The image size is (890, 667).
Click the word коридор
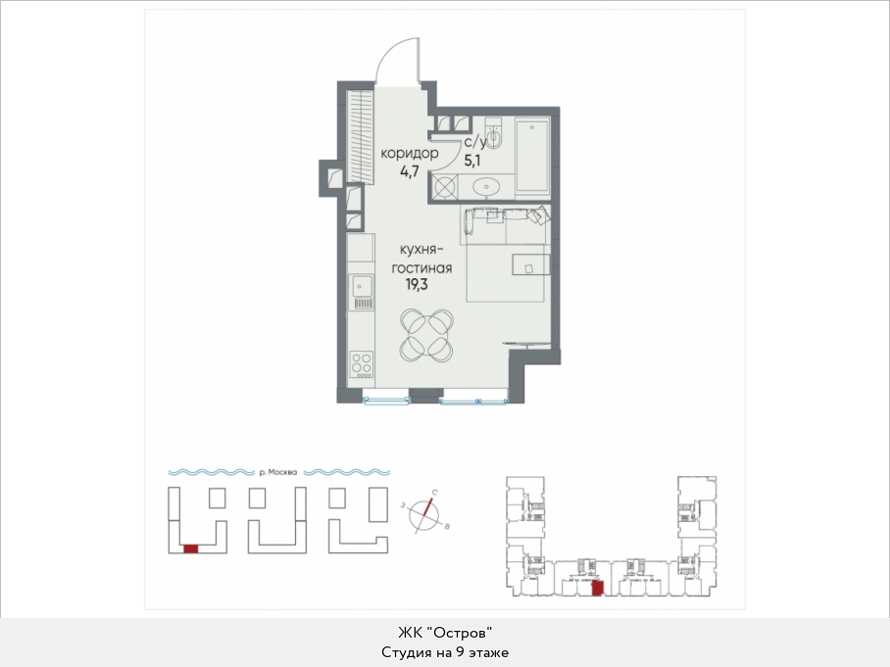pos(410,153)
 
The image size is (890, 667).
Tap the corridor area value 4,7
pos(410,171)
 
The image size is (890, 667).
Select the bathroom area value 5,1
pos(471,161)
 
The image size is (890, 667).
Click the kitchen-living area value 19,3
pos(416,285)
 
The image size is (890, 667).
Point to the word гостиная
pos(421,267)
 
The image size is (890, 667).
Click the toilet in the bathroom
pos(493,134)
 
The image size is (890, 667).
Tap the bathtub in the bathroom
pos(532,155)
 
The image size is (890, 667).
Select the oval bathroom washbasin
pos(486,186)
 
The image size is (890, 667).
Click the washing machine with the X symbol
pos(444,187)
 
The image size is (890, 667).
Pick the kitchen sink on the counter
pos(362,292)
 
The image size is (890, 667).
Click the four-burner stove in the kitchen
pos(362,365)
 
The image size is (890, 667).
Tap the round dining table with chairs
pos(426,335)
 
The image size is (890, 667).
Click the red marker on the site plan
pos(191,548)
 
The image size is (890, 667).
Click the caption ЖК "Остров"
pos(444,632)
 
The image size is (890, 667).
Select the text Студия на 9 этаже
pos(445,652)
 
